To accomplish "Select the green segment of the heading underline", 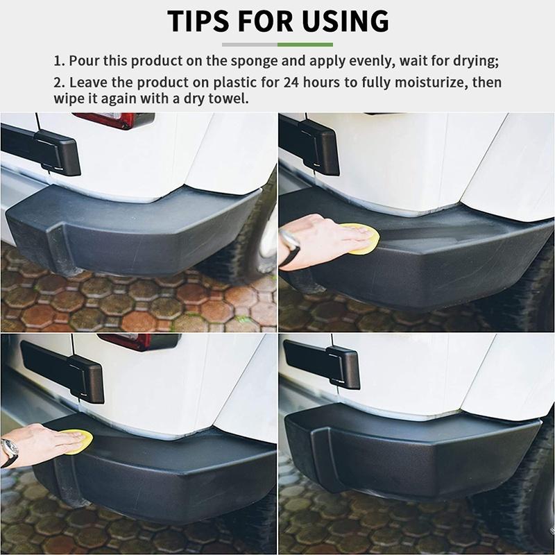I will coord(305,44).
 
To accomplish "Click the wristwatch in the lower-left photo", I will coord(8,451).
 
